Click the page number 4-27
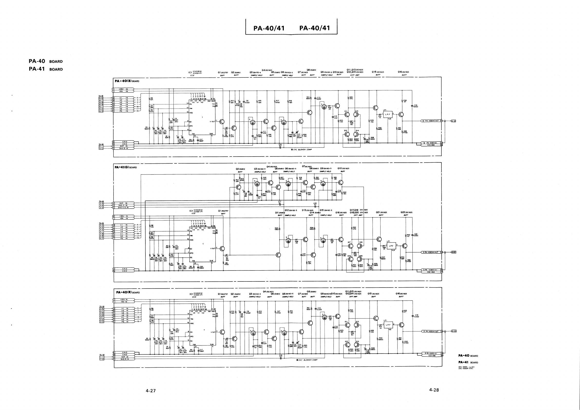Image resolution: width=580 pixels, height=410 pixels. tap(151, 391)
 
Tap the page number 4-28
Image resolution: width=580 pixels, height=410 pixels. tap(434, 390)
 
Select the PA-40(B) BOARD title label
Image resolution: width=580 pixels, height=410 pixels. tap(127, 81)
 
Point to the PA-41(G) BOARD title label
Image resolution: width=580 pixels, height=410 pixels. tap(125, 167)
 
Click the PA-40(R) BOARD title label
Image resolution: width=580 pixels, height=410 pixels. tap(128, 292)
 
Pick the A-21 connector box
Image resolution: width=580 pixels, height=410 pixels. tap(453, 121)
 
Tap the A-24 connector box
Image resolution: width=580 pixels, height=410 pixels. tap(454, 331)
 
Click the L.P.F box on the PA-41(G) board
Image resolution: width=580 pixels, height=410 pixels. tap(391, 246)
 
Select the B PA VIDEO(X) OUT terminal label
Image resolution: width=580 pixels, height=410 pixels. tap(431, 121)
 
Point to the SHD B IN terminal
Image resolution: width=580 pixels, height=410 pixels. tap(124, 149)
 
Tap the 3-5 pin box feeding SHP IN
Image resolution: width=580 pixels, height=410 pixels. tap(101, 203)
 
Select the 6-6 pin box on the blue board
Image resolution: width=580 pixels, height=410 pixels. tap(101, 98)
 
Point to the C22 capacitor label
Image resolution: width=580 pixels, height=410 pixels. tap(416, 235)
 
